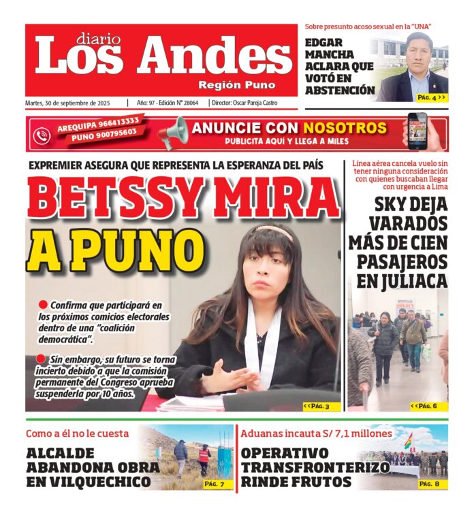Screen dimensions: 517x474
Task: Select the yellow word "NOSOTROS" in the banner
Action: point(345,128)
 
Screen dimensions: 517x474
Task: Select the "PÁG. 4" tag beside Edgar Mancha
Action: point(432,97)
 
